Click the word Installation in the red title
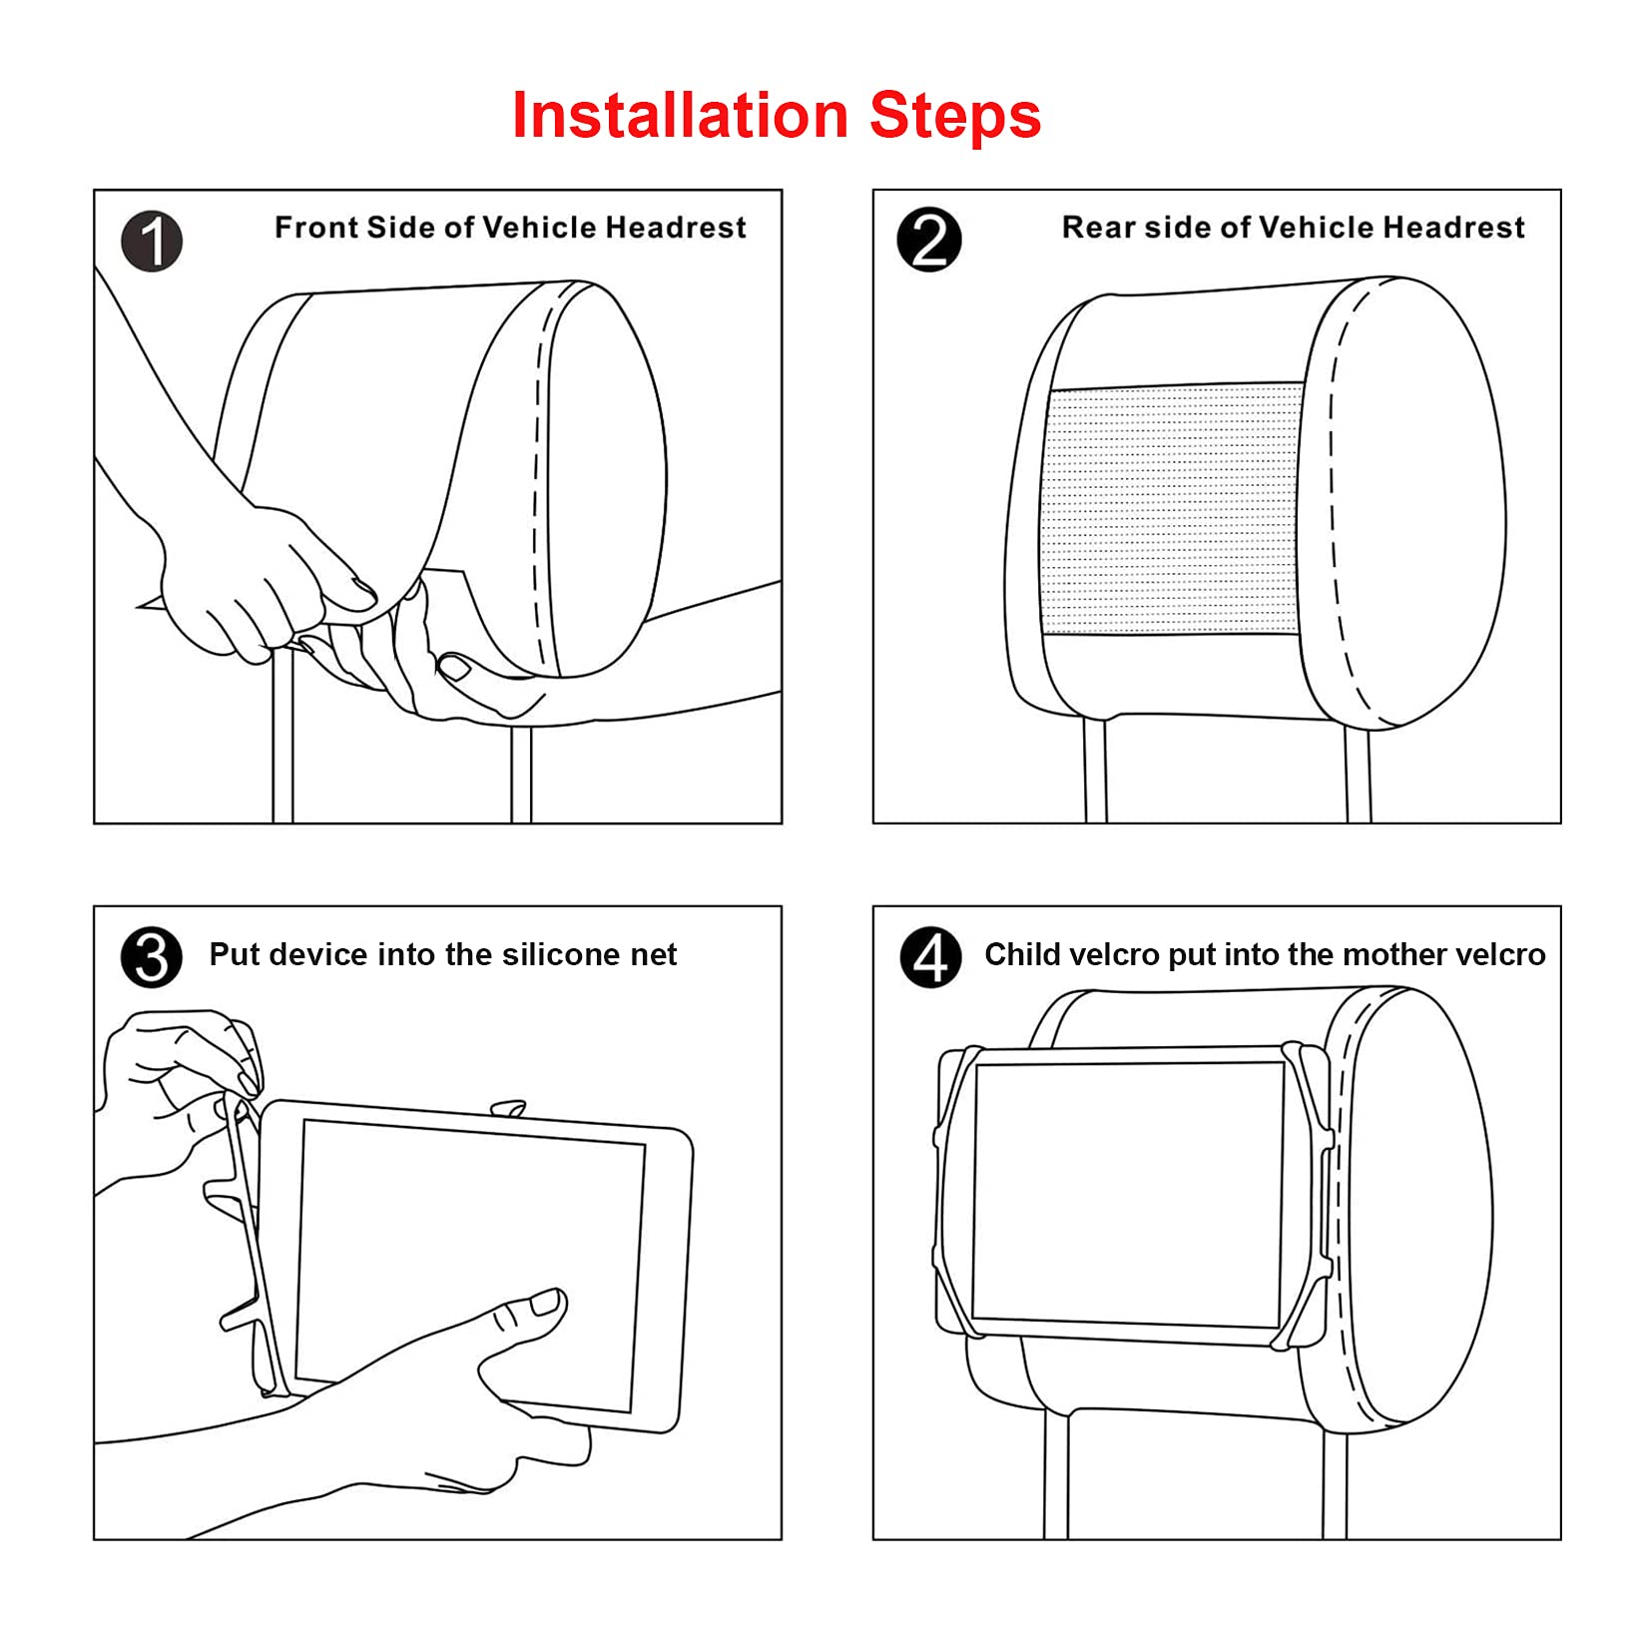pyautogui.click(x=680, y=115)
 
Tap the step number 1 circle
pyautogui.click(x=152, y=242)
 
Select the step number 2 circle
pyautogui.click(x=929, y=241)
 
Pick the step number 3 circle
pyautogui.click(x=152, y=958)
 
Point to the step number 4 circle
pyautogui.click(x=930, y=957)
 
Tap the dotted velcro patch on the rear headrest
pyautogui.click(x=1172, y=508)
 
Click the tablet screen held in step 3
pyautogui.click(x=470, y=1265)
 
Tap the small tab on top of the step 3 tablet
pyautogui.click(x=508, y=1109)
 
